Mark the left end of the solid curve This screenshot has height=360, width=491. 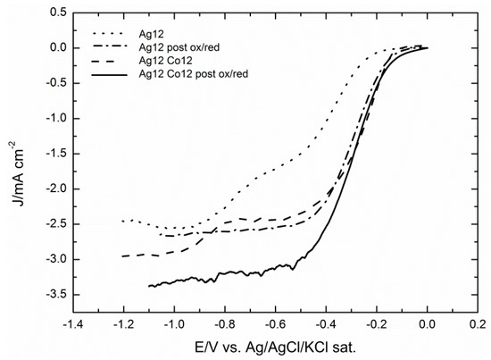point(149,286)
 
